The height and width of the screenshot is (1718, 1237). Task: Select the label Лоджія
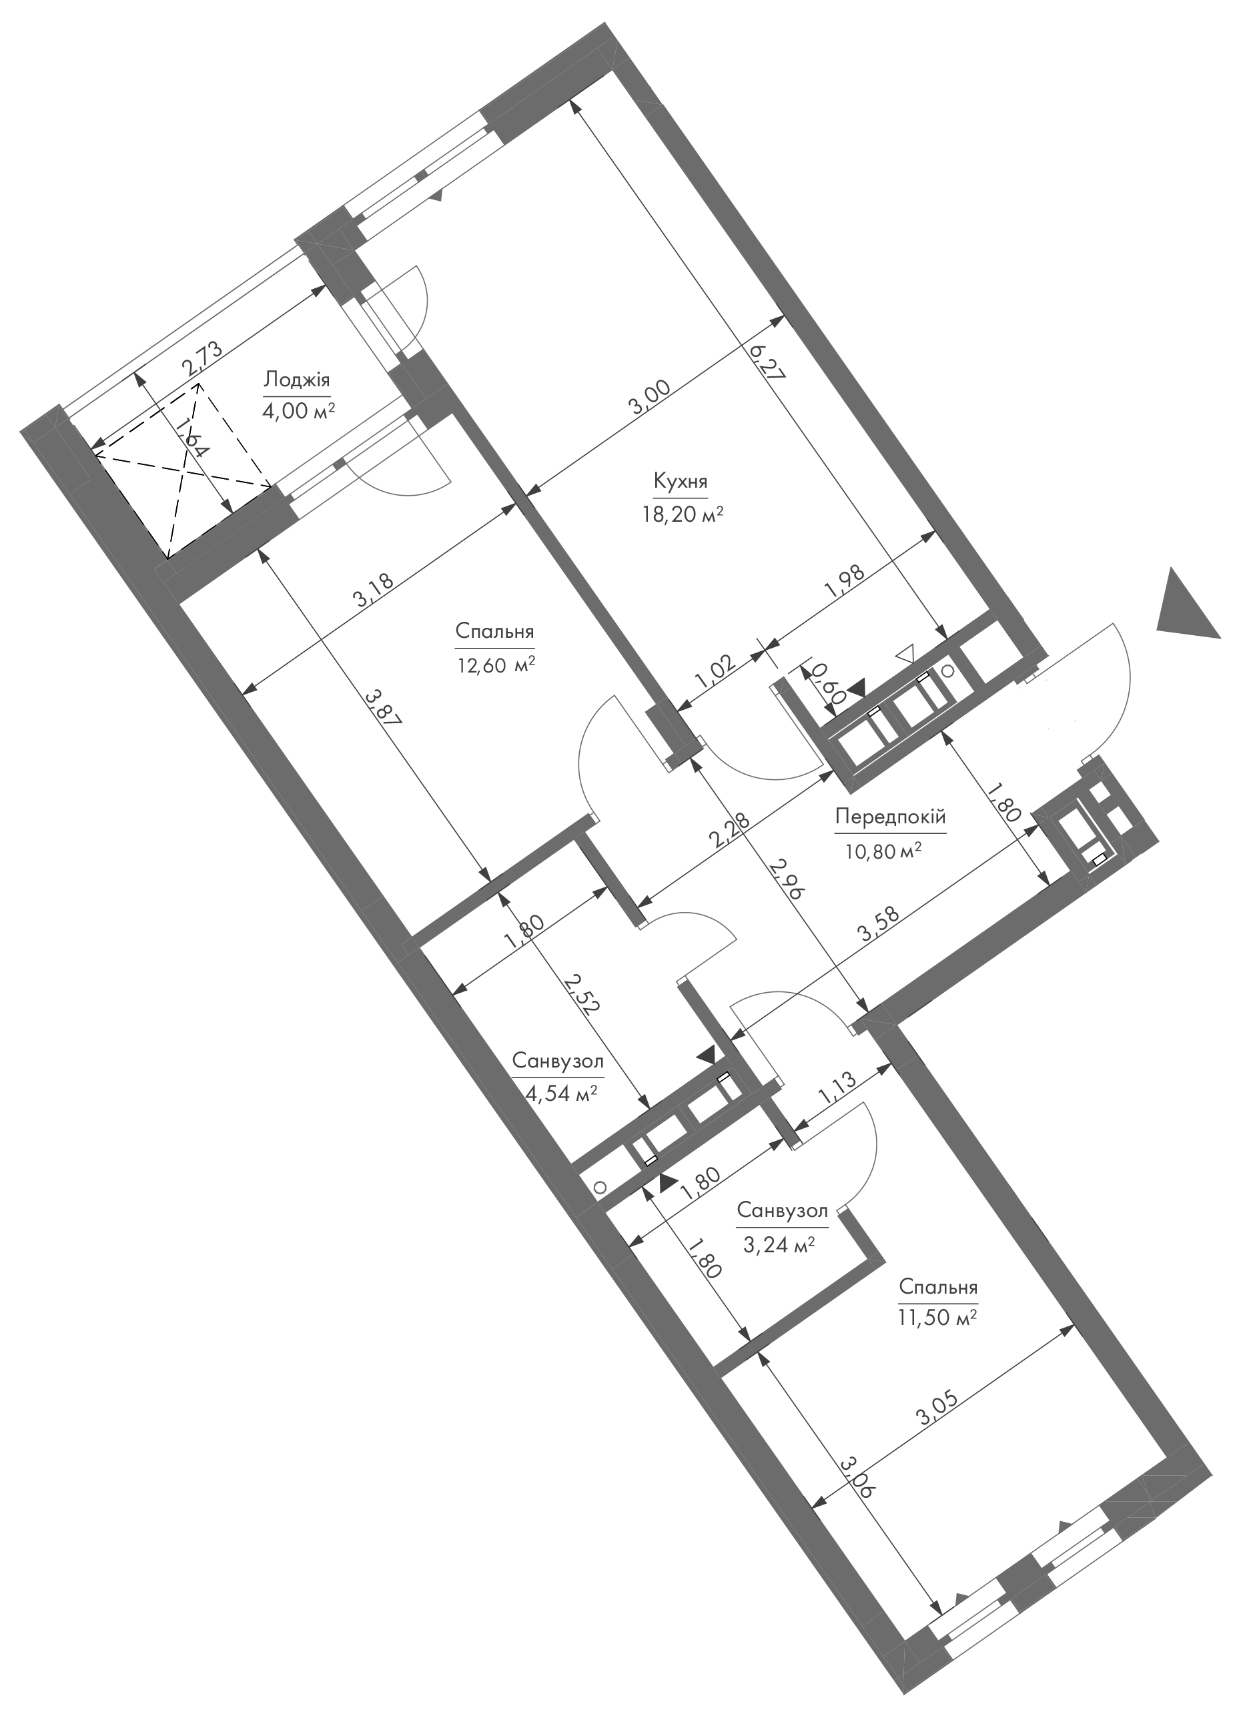point(297,379)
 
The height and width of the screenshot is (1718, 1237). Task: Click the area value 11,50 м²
point(938,1317)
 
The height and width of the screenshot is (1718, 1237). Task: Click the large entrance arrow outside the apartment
point(1186,605)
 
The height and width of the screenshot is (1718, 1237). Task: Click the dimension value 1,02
point(713,672)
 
